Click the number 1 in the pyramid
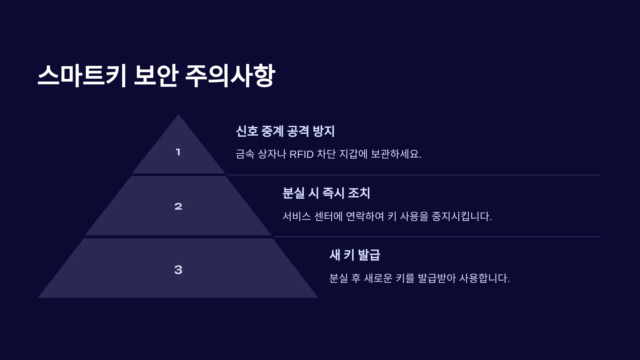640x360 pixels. tap(178, 152)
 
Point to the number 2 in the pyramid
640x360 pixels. tap(178, 206)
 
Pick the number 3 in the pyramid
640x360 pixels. tap(178, 270)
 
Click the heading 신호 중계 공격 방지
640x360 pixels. tap(285, 131)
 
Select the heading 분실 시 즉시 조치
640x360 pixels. tap(326, 193)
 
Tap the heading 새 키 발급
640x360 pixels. tap(355, 255)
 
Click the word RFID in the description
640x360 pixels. tap(301, 154)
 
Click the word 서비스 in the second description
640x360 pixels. tap(297, 216)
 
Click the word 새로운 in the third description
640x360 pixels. tap(378, 278)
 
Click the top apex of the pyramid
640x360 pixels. tap(178, 115)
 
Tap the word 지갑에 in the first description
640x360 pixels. tap(353, 154)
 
